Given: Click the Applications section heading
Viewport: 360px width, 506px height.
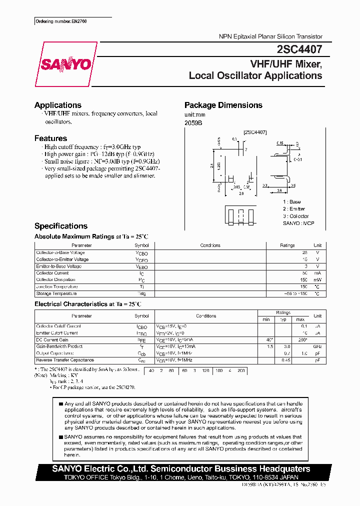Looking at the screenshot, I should pos(57,105).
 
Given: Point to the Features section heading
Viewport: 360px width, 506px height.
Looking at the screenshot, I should pos(50,138).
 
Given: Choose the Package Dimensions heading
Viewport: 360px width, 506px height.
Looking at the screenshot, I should pos(223,105).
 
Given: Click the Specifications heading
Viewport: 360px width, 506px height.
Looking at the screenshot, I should pos(60,226).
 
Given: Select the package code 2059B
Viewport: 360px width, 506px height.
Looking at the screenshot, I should pos(193,122).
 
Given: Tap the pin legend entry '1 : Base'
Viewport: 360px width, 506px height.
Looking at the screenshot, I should pos(292,201).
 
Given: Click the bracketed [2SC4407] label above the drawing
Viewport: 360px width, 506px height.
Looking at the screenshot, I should pos(254,132).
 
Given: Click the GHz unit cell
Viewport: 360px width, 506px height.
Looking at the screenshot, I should pos(317,346).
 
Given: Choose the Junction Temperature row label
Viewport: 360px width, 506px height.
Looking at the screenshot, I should pos(57,286).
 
